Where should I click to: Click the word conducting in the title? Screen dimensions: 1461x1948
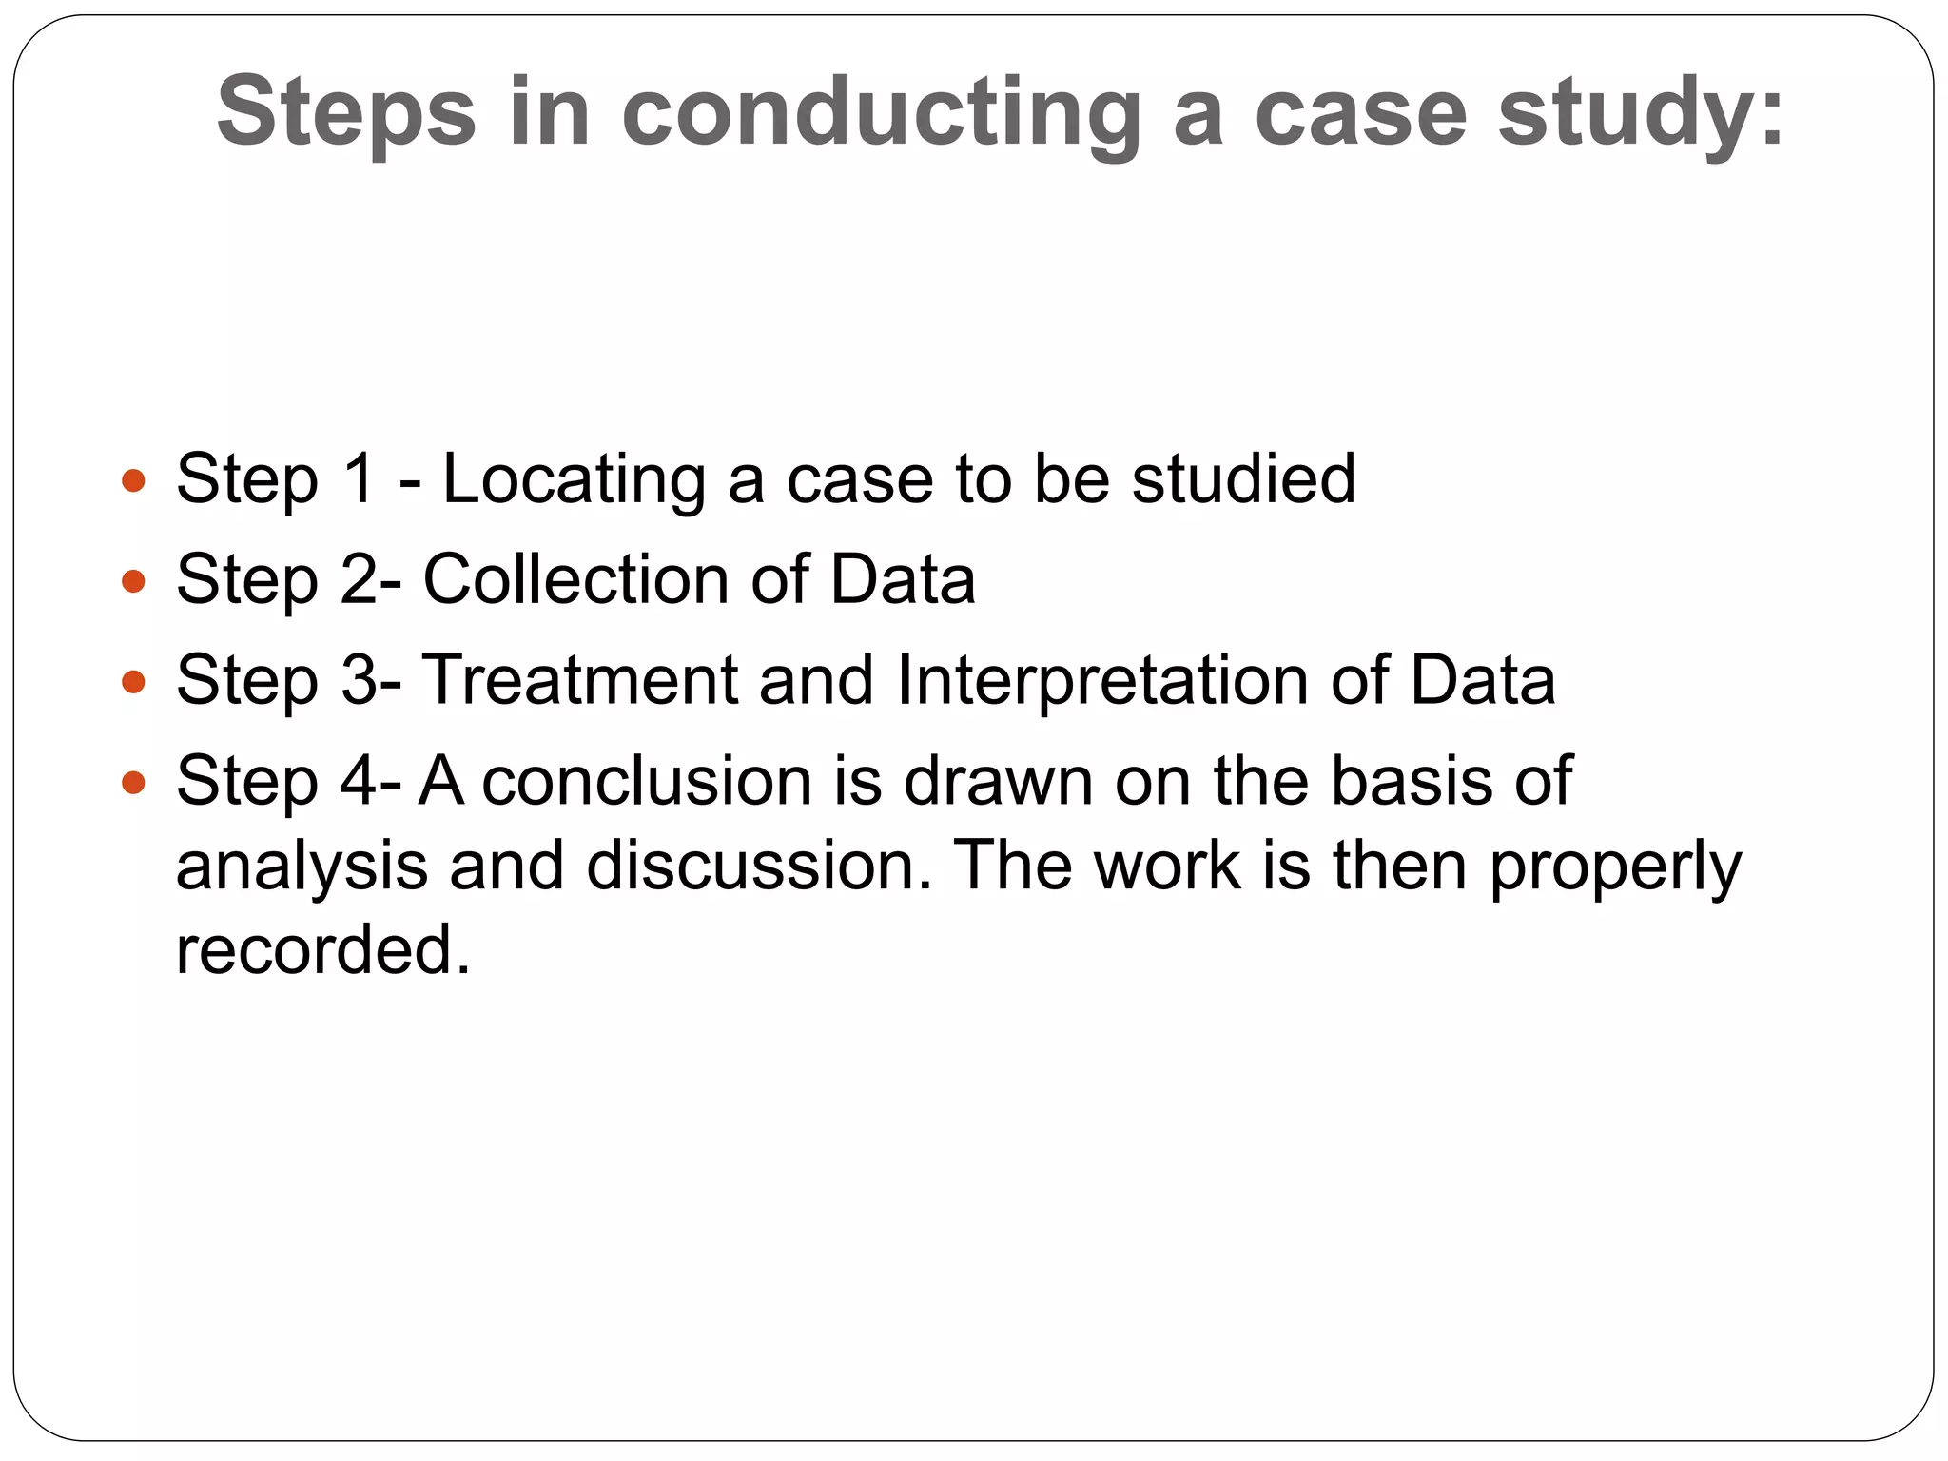(881, 114)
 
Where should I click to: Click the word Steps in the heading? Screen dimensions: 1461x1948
(346, 114)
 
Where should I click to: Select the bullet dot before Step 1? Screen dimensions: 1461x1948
(134, 479)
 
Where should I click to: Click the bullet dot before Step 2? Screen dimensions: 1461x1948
(134, 580)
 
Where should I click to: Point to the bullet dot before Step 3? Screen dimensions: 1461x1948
(134, 681)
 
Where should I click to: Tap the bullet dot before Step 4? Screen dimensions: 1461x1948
(134, 783)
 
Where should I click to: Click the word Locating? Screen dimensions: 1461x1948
(574, 480)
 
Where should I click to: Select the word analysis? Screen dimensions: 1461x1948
(302, 867)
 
